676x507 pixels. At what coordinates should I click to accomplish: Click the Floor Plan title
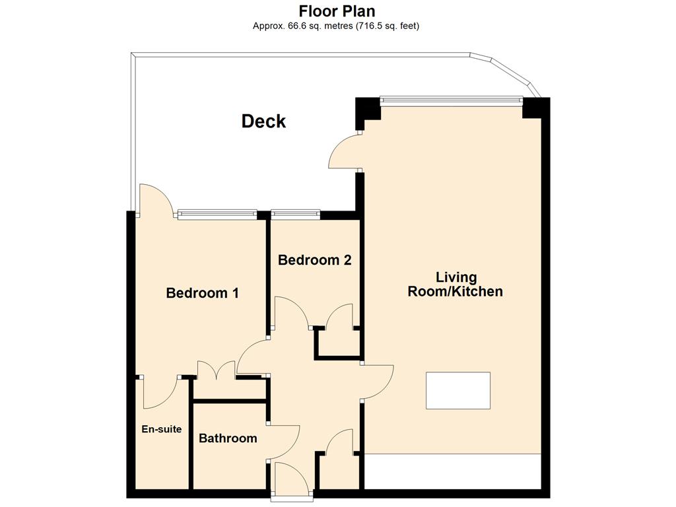coord(337,11)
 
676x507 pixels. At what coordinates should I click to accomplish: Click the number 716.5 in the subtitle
coord(370,26)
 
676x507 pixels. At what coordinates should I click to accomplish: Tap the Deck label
coord(263,121)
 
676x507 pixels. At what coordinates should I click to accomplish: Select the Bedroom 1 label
coord(202,293)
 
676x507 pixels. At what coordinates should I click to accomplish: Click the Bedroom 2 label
coord(315,260)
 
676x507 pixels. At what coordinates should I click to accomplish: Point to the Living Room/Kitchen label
coord(456,284)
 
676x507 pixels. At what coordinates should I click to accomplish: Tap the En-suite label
coord(162,429)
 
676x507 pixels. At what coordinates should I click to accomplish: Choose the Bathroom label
coord(228,438)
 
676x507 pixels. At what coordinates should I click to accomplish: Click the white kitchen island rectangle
coord(458,391)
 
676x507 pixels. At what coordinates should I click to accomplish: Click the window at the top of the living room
coord(451,101)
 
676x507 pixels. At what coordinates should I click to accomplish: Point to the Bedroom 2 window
coord(296,214)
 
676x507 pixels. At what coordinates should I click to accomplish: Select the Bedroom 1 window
coord(217,214)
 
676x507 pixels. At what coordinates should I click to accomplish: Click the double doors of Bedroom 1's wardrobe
coord(217,370)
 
